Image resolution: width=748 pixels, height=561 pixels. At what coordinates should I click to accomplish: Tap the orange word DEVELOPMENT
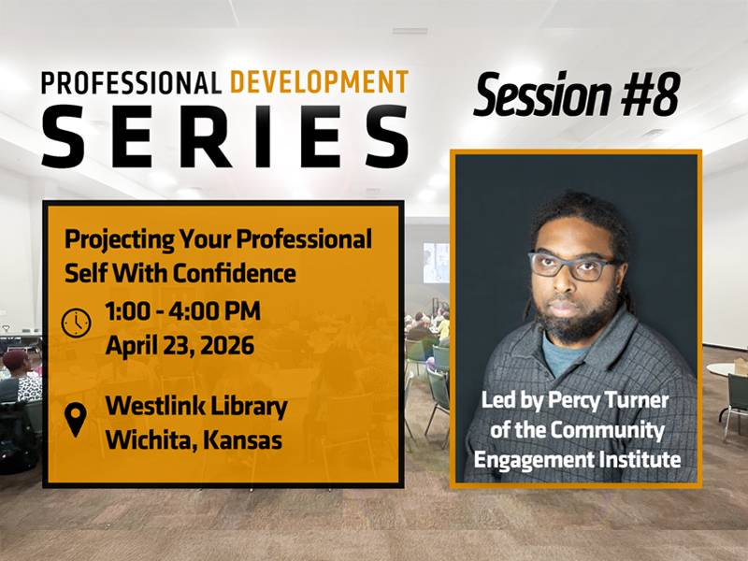click(319, 82)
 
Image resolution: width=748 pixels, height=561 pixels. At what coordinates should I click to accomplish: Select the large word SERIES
click(224, 137)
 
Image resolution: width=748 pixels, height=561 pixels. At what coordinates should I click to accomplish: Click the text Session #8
click(576, 96)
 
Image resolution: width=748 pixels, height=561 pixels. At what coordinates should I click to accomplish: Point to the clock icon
click(76, 323)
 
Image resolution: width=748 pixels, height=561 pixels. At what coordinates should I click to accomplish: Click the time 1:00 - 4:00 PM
click(182, 310)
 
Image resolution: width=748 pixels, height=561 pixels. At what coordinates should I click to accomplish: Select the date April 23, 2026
click(180, 344)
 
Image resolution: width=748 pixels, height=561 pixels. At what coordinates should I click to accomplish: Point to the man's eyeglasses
click(573, 267)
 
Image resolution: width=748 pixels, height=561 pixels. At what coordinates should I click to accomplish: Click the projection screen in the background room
click(436, 262)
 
